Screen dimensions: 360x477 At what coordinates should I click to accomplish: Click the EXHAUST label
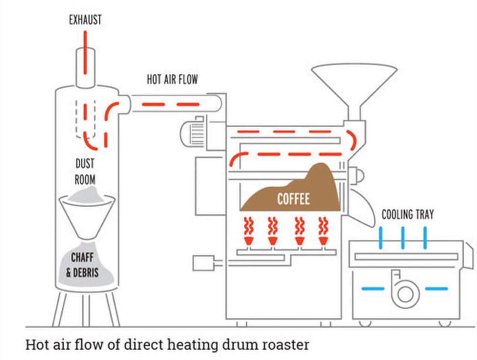tap(85, 20)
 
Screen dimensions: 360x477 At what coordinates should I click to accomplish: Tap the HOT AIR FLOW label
tap(172, 79)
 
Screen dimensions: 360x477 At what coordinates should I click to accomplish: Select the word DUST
tap(85, 163)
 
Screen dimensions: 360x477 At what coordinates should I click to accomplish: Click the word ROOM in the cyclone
tap(85, 180)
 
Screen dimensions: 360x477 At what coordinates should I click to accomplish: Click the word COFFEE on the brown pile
tap(293, 199)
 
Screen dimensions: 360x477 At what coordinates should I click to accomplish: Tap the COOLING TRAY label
tap(408, 214)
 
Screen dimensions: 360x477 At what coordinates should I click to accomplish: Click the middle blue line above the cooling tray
tap(403, 238)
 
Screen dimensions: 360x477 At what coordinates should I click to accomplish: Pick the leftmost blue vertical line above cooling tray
tap(380, 238)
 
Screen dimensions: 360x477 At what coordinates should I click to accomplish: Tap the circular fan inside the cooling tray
tap(405, 293)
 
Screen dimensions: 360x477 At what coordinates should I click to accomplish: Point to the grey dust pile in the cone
tap(87, 196)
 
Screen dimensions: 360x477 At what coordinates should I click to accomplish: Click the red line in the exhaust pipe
tap(85, 52)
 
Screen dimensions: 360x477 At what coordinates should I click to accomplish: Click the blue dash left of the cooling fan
tap(373, 289)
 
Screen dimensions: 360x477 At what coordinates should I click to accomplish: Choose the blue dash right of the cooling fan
tap(436, 289)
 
